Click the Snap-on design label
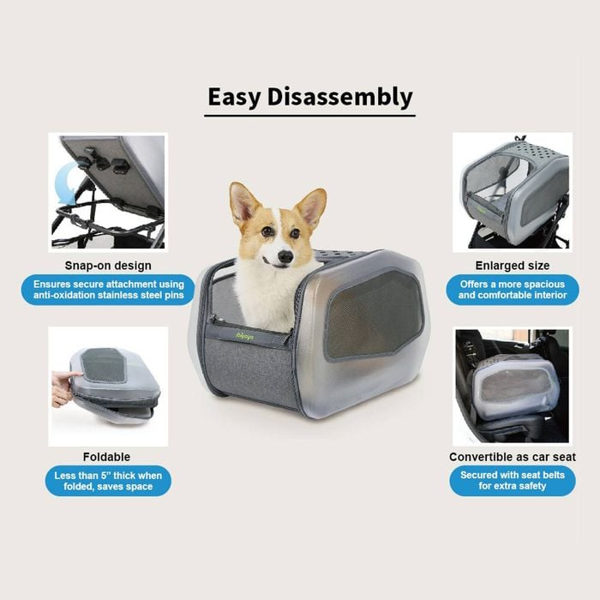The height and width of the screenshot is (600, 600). (108, 266)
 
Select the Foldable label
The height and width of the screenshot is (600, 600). (107, 457)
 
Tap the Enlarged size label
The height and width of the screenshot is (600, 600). (513, 266)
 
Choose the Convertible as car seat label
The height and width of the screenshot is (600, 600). (513, 457)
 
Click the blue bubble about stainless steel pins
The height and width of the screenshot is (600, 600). (108, 290)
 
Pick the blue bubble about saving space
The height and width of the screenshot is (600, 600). (108, 481)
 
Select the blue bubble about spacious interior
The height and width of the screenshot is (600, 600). (513, 290)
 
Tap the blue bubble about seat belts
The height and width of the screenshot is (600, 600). (513, 481)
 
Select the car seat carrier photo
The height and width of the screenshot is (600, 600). (513, 386)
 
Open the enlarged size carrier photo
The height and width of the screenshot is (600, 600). (513, 192)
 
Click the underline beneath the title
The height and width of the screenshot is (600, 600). (310, 116)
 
